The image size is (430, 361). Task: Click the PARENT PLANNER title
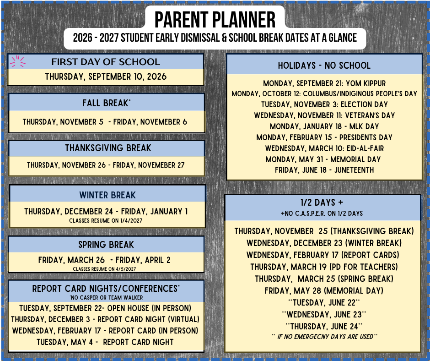point(215,20)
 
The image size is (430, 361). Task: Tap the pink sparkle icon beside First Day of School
point(17,61)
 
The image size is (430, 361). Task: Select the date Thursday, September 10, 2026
point(106,77)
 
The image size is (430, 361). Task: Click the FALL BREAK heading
point(106,103)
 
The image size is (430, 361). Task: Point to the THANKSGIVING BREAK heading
point(108,148)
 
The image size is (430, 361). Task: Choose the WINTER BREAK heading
point(107,195)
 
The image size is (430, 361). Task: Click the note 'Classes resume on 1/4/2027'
point(106,221)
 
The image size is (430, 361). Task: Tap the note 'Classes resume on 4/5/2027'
point(104,269)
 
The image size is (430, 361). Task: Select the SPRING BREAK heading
point(106,245)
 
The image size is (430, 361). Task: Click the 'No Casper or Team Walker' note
point(106,297)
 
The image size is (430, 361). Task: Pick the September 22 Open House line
point(105,308)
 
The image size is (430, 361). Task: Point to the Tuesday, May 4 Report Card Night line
point(105,342)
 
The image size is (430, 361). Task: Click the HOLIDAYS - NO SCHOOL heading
point(324,66)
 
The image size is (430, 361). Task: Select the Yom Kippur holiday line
point(324,83)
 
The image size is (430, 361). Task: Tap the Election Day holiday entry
point(324,104)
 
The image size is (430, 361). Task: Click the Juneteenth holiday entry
point(324,170)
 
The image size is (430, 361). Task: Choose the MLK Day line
point(324,126)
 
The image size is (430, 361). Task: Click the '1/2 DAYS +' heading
point(322,202)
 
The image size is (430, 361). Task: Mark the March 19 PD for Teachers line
point(324,267)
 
